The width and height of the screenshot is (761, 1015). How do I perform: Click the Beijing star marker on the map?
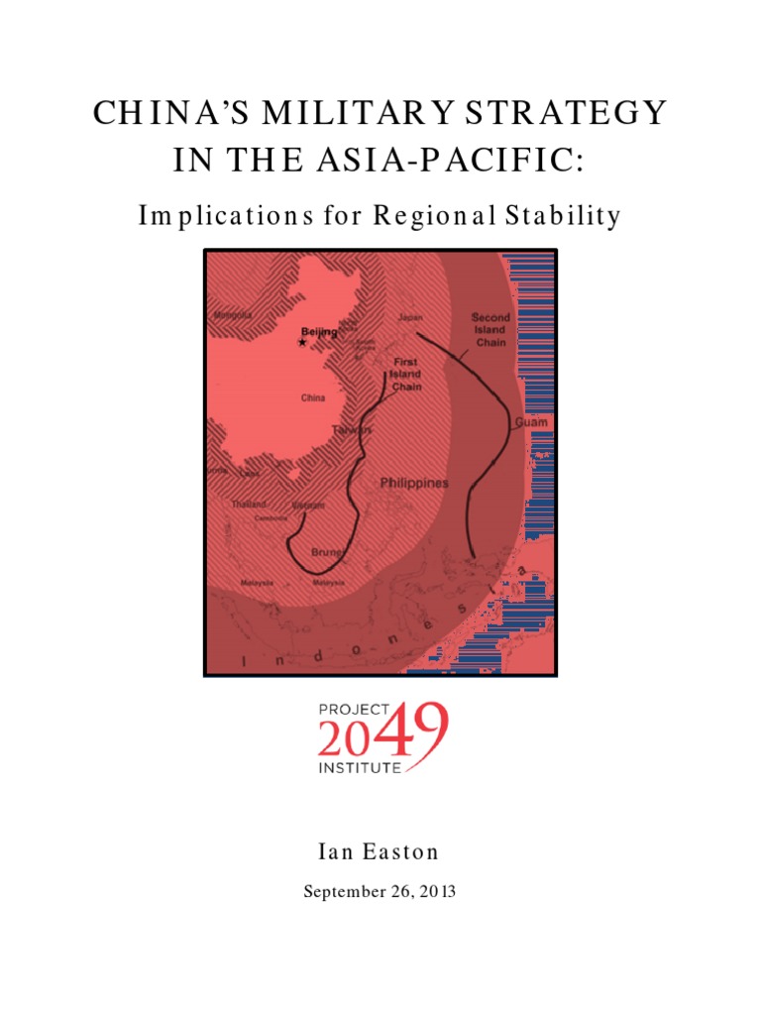(302, 342)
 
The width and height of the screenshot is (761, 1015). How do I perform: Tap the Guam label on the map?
(531, 422)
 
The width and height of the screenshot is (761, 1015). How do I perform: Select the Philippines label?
(414, 483)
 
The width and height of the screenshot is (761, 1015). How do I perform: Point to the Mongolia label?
(233, 316)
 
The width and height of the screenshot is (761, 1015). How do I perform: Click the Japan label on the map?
(409, 318)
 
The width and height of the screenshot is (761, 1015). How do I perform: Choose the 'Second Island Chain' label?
(490, 330)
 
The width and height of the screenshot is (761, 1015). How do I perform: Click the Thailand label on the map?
(250, 504)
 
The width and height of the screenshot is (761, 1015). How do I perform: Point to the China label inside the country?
(312, 398)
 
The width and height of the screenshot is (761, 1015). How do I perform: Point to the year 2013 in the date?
(437, 892)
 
